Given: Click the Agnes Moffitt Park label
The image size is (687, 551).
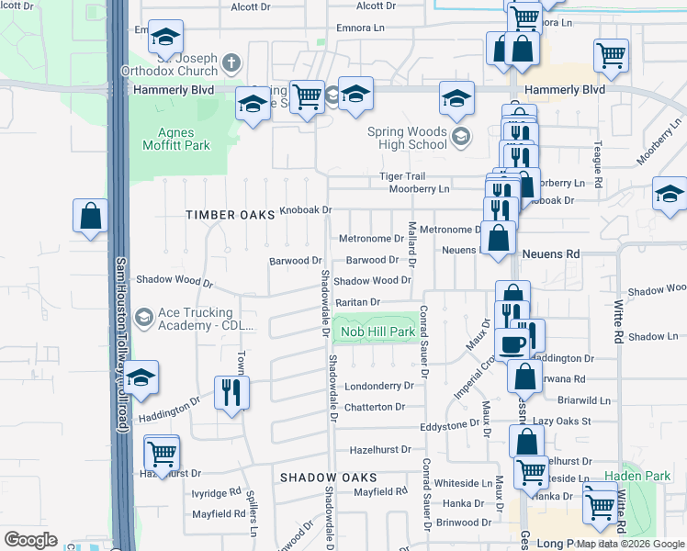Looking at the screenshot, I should [176, 138].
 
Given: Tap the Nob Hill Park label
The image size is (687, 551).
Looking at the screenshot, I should [378, 332].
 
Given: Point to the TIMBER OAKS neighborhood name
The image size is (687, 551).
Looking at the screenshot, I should [231, 214].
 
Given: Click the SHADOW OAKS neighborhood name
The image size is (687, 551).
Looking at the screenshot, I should [328, 478].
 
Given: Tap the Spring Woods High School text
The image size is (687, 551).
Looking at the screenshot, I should [407, 138].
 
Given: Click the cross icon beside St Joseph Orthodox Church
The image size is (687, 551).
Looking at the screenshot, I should [231, 63].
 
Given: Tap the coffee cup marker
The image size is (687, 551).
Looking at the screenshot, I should [512, 343].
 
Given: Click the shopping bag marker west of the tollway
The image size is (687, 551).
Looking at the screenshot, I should [91, 218].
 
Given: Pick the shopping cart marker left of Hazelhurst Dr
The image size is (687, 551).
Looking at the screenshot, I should [163, 453].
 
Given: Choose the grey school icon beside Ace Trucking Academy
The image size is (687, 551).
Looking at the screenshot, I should [144, 318].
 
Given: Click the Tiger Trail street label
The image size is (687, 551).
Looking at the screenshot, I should [402, 176].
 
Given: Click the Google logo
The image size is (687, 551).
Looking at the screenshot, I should [30, 540].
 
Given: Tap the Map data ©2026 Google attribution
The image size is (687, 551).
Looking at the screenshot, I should [630, 544].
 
